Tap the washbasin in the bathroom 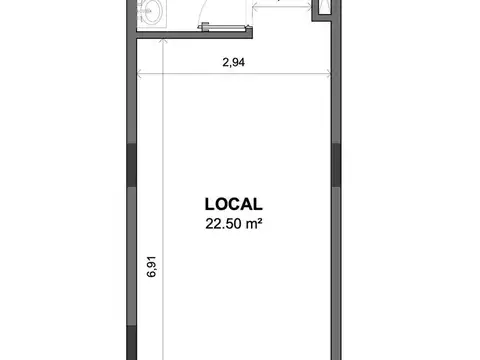pos(152,13)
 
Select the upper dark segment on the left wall pos(131,166)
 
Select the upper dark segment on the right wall pos(335,166)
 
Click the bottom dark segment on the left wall pos(131,345)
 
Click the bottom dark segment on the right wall pos(335,345)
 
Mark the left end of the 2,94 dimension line pos(138,73)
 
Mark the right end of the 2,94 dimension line pos(330,73)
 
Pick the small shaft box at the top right pos(322,10)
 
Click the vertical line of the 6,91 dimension pos(163,200)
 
